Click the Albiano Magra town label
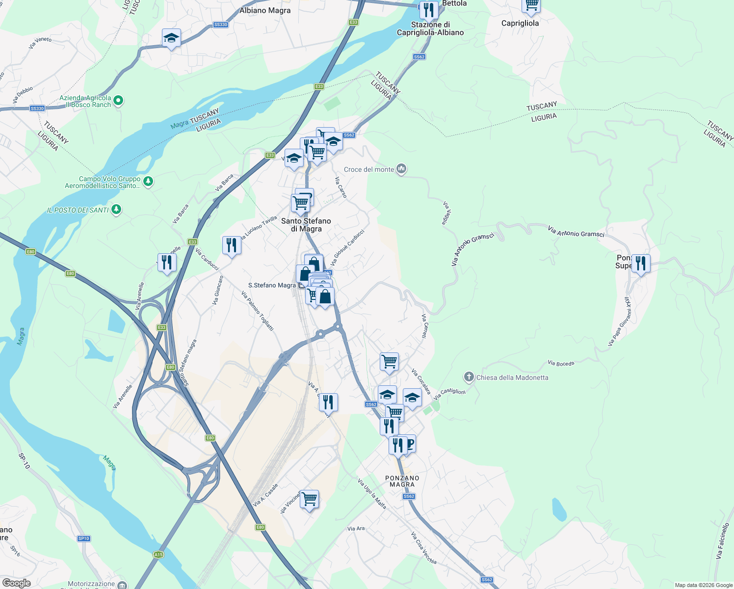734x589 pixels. point(265,10)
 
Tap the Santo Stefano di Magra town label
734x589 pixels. point(306,225)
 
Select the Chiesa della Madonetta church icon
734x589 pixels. point(469,377)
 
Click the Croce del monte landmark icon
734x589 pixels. point(402,169)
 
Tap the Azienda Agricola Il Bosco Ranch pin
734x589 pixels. point(118,101)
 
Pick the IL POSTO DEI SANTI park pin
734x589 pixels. point(116,210)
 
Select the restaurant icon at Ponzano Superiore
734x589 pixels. point(640,264)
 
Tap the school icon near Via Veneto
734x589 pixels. point(171,38)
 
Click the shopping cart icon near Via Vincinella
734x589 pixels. point(310,499)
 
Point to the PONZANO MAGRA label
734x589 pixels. point(402,481)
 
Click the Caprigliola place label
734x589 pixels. point(520,23)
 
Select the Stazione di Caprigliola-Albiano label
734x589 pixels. point(430,28)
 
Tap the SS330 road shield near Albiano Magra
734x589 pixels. point(221,25)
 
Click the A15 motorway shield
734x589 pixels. point(158,555)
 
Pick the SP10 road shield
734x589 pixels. point(83,538)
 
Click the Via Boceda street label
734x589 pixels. point(561,363)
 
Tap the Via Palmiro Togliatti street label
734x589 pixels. point(258,311)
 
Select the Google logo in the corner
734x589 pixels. point(17,583)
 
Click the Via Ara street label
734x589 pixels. point(356,529)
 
